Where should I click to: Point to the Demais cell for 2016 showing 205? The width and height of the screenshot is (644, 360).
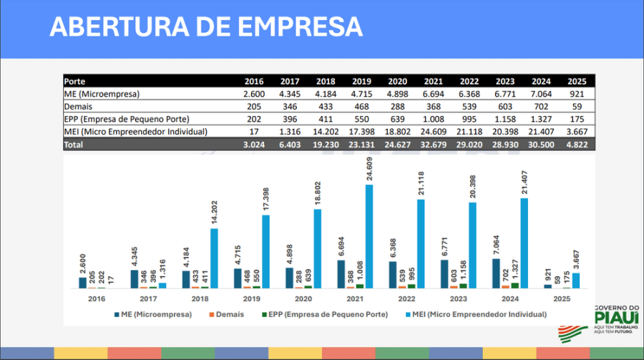(x=255, y=107)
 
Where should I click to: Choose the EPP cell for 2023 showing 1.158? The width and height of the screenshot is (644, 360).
(x=504, y=119)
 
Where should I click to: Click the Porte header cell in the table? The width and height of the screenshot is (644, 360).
(x=75, y=82)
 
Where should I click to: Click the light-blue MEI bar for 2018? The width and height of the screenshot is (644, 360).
(x=214, y=258)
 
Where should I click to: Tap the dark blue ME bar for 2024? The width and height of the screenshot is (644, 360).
(x=497, y=273)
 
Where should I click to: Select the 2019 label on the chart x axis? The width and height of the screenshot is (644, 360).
(x=251, y=298)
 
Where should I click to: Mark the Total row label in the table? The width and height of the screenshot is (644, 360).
(x=74, y=144)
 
